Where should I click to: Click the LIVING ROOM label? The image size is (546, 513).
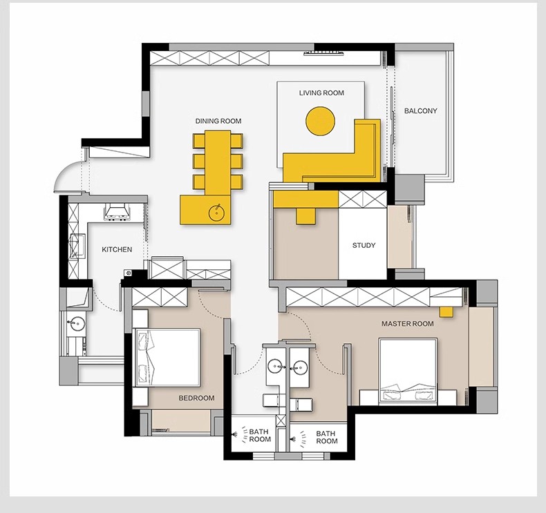point(321,93)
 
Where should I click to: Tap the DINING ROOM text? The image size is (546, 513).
point(218,121)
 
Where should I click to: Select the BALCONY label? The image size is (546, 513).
point(421,111)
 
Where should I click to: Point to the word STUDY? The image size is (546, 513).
point(364,245)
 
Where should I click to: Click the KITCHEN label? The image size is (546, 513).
point(117,249)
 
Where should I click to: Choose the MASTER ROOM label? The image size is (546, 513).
point(408,323)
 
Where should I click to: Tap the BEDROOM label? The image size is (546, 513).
point(197,398)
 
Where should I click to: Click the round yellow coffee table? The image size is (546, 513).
point(321,121)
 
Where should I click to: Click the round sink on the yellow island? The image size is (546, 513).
point(217,212)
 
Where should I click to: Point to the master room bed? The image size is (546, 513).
point(408,371)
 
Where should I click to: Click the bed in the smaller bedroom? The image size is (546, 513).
point(167,357)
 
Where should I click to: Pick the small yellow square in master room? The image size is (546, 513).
point(446,312)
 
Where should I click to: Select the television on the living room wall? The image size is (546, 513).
point(324,54)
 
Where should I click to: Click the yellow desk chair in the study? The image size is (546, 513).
point(306,215)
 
